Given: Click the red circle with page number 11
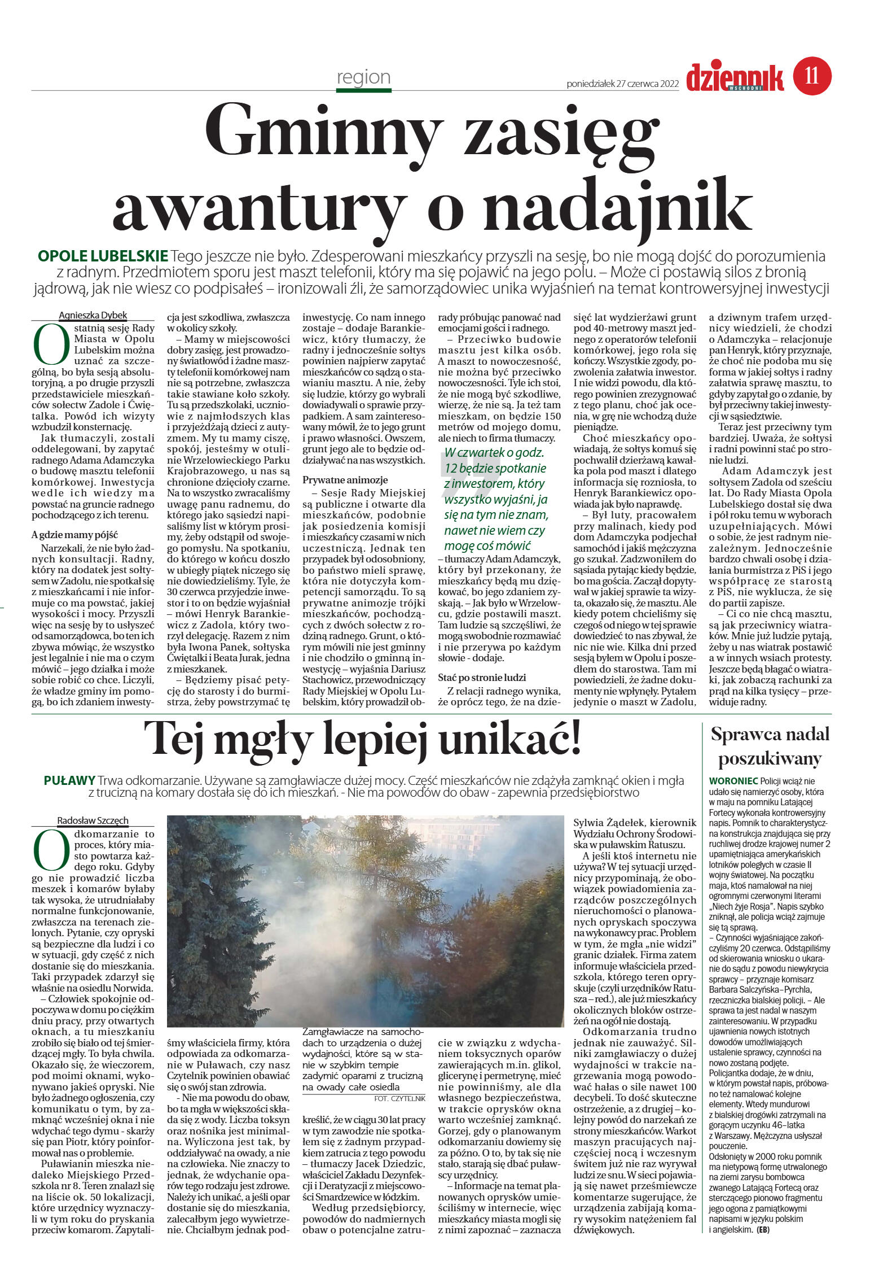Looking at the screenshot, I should point(812,75).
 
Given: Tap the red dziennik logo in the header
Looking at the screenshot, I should point(735,77).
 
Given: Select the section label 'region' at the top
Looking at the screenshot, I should point(363,77).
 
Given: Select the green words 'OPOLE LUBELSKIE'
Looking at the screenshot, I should point(103,256).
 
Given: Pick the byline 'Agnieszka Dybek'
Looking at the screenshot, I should point(93,315).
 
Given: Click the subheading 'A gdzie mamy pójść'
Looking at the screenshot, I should point(74,535).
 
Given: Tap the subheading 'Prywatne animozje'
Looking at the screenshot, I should point(345,479).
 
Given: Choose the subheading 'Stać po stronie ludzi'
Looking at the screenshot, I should point(482,677).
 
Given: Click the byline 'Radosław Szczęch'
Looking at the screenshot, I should point(93,820).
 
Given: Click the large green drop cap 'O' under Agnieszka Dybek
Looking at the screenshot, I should point(49,344).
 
